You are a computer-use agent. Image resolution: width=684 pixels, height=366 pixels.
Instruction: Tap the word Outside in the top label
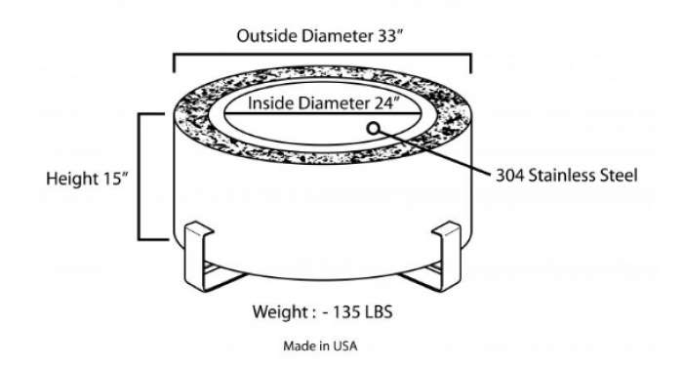click(x=266, y=36)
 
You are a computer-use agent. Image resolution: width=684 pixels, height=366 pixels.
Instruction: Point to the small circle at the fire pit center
click(x=374, y=128)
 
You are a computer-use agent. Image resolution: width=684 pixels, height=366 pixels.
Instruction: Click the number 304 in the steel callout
click(x=512, y=177)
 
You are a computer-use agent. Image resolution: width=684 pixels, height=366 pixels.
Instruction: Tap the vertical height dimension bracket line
click(x=140, y=176)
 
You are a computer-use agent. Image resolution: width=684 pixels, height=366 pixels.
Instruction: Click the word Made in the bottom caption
click(x=299, y=346)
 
